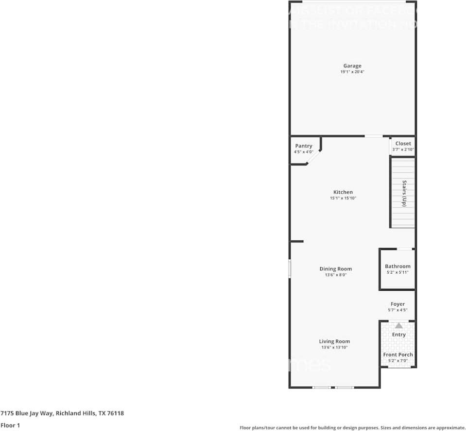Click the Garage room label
tap(352, 66)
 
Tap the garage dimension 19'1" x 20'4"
tap(352, 72)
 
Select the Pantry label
tap(304, 146)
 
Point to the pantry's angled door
tap(314, 157)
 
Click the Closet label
tap(403, 144)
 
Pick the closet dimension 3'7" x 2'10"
tap(403, 149)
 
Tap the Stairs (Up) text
tap(404, 194)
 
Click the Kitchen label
tap(343, 192)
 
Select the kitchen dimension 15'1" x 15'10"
tap(343, 198)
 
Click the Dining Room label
tap(335, 269)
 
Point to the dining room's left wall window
tap(290, 268)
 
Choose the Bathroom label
tap(397, 266)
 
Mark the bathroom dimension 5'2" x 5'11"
tap(397, 272)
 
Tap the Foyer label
tap(397, 304)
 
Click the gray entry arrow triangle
tap(398, 325)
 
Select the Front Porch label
tap(398, 355)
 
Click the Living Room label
tap(334, 341)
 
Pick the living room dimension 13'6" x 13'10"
tap(334, 347)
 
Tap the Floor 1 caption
tap(10, 425)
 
